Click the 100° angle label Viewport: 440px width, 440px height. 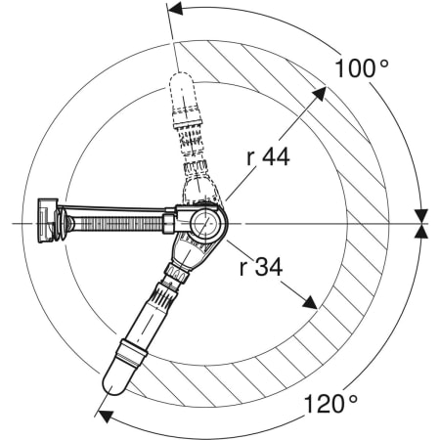[x=362, y=68]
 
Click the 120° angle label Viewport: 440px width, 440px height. [x=330, y=404]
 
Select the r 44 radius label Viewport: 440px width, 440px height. [x=268, y=156]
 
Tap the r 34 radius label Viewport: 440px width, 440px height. [x=261, y=267]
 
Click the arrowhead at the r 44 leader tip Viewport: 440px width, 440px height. [x=320, y=93]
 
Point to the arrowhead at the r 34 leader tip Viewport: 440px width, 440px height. [x=310, y=303]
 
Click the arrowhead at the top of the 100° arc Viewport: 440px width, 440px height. [x=175, y=9]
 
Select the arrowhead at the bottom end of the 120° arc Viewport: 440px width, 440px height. [x=106, y=417]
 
